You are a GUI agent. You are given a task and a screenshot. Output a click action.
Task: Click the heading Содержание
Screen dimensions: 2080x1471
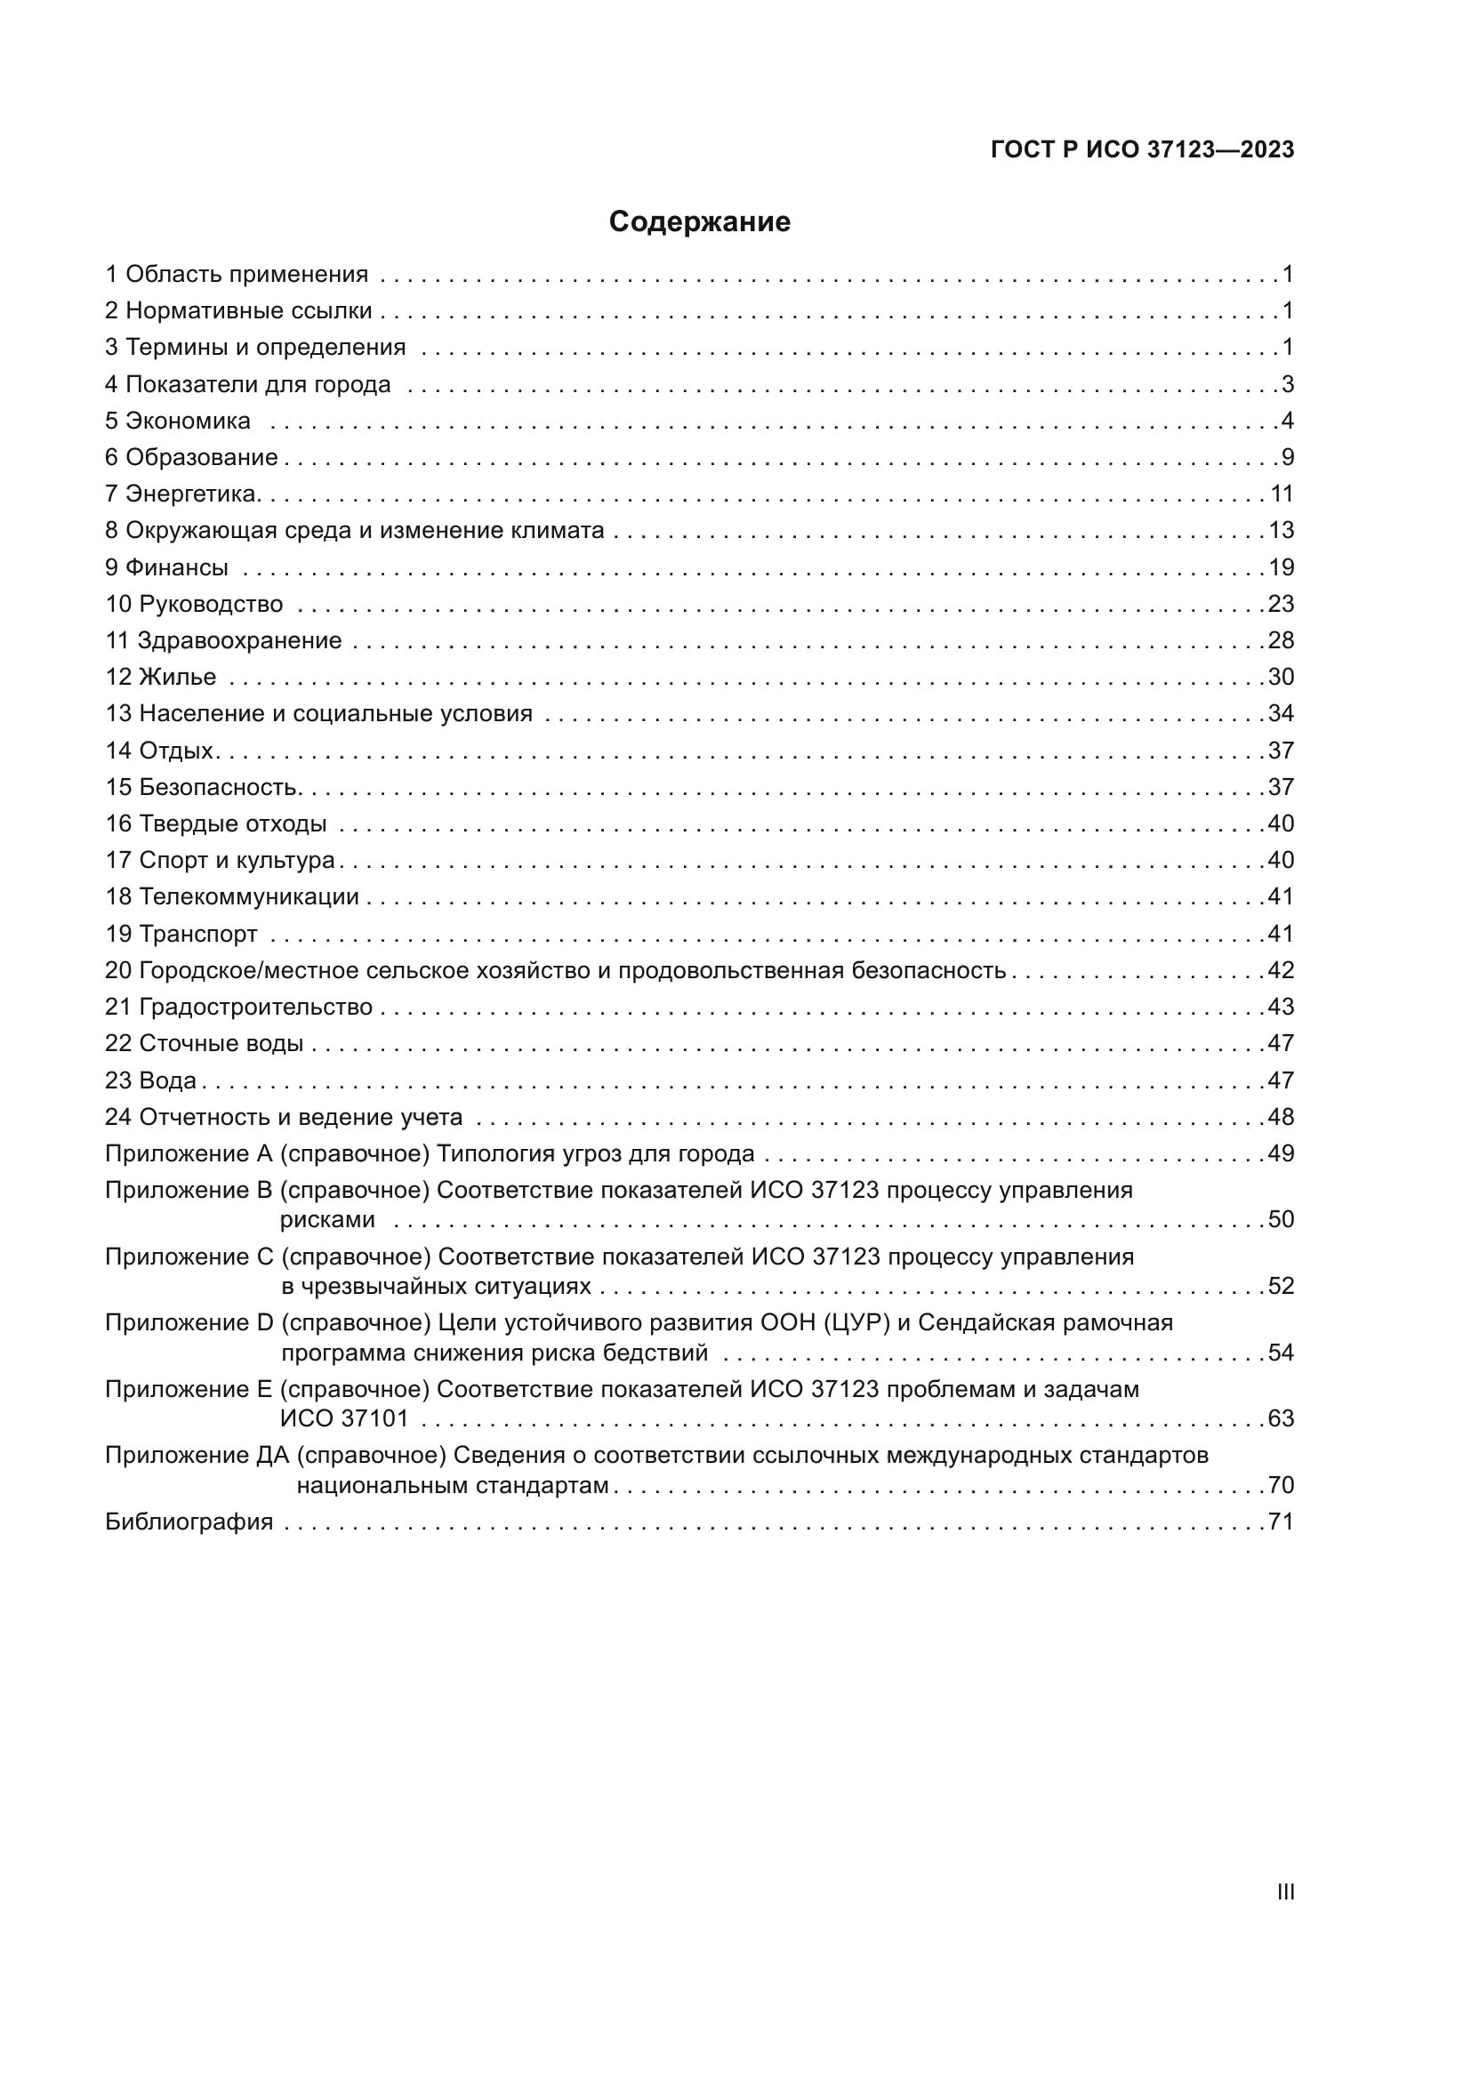[x=699, y=222]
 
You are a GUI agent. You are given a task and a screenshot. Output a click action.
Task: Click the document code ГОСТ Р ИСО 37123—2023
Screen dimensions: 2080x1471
[x=1142, y=149]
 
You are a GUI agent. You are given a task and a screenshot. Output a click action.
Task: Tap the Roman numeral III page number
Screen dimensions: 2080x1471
[x=1285, y=1891]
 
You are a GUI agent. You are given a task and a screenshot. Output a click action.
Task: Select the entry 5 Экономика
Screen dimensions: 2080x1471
[x=178, y=421]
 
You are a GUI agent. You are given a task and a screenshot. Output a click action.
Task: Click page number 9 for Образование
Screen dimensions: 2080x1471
[x=1287, y=456]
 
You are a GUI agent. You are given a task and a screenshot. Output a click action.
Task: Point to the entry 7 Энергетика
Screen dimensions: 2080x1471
[x=183, y=494]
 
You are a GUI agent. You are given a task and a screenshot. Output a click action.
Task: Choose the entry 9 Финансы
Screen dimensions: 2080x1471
[x=166, y=567]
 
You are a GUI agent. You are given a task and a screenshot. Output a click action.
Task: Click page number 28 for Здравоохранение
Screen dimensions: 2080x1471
[x=1281, y=640]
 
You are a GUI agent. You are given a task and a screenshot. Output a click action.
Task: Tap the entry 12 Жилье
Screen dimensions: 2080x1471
[x=161, y=677]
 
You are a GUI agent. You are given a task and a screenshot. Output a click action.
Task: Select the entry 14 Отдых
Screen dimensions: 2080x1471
[x=161, y=751]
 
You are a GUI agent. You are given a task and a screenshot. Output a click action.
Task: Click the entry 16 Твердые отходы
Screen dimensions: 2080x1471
[x=215, y=823]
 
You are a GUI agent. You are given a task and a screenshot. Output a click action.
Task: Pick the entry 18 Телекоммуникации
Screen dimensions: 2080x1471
[x=232, y=897]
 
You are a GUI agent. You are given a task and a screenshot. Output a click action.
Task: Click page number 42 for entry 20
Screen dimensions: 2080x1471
[x=1281, y=970]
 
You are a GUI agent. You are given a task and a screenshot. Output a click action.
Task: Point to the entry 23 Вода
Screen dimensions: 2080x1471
[x=150, y=1080]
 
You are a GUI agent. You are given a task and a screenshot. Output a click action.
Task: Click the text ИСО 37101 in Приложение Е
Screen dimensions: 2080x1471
[x=344, y=1418]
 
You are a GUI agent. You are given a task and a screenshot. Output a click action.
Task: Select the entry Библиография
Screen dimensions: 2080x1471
[x=189, y=1521]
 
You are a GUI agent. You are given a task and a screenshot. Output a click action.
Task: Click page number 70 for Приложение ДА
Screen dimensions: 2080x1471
[x=1281, y=1485]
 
